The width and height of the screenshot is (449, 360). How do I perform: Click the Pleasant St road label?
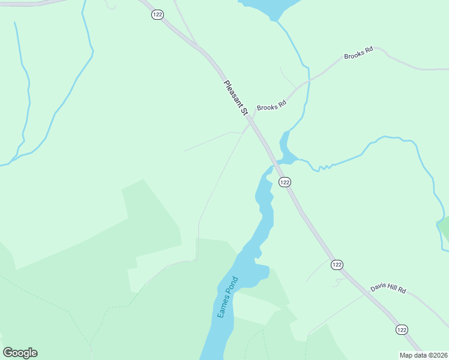point(236,98)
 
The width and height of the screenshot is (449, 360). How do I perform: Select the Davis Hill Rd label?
point(388,289)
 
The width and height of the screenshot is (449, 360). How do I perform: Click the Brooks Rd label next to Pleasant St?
point(271,106)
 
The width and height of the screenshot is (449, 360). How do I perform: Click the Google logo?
point(20,353)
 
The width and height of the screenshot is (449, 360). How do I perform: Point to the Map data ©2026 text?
point(424,355)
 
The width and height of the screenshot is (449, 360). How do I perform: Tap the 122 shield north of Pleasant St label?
point(157,14)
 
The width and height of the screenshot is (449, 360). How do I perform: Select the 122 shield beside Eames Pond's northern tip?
point(285,182)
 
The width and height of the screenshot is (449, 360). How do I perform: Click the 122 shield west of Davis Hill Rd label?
point(337,265)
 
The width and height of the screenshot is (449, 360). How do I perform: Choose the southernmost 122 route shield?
point(402,329)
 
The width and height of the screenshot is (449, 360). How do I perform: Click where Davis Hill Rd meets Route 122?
point(365,293)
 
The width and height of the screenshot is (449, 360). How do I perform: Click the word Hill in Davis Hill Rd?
point(390,289)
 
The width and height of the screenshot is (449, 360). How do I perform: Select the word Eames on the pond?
point(224,305)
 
